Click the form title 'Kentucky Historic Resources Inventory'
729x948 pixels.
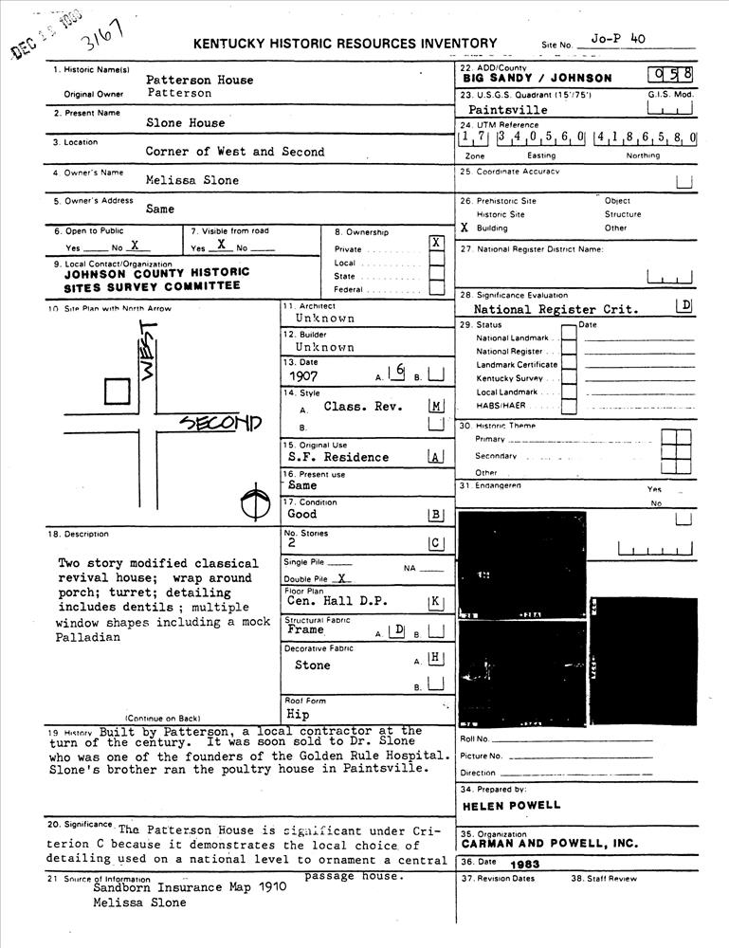tap(345, 44)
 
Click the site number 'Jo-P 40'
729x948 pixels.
tap(617, 39)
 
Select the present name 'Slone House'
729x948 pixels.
tap(186, 123)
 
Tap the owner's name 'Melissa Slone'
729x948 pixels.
tap(192, 180)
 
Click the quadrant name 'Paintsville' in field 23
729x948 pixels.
tap(508, 110)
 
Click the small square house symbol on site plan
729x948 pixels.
tap(117, 392)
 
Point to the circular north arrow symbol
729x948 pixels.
tap(252, 502)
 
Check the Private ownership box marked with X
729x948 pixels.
tap(436, 243)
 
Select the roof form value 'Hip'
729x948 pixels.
tap(298, 714)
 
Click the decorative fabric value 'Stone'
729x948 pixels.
tap(313, 665)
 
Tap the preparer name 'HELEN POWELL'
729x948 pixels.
tap(512, 806)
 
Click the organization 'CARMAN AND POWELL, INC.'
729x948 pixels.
tap(550, 843)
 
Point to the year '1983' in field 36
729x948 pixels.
tap(524, 865)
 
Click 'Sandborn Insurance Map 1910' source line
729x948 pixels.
tap(175, 889)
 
